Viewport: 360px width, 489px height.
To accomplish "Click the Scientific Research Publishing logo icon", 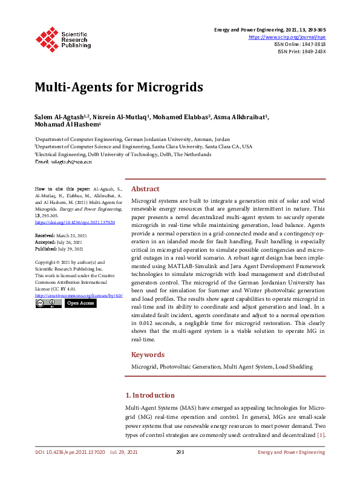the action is pyautogui.click(x=47, y=38).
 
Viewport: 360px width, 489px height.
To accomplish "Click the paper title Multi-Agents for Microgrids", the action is pyautogui.click(x=118, y=87).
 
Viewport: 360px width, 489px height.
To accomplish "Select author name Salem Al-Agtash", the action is pyautogui.click(x=59, y=117).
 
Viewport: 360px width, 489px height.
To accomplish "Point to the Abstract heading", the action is pyautogui.click(x=145, y=189).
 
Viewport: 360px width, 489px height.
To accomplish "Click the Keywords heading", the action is pyautogui.click(x=148, y=355).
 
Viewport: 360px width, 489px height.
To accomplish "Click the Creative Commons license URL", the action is pyautogui.click(x=79, y=295).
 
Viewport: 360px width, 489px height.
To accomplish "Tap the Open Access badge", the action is pyautogui.click(x=80, y=304).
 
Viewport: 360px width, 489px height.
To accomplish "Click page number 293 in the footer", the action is pyautogui.click(x=180, y=452).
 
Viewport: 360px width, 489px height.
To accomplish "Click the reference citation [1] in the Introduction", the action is pyautogui.click(x=321, y=435).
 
